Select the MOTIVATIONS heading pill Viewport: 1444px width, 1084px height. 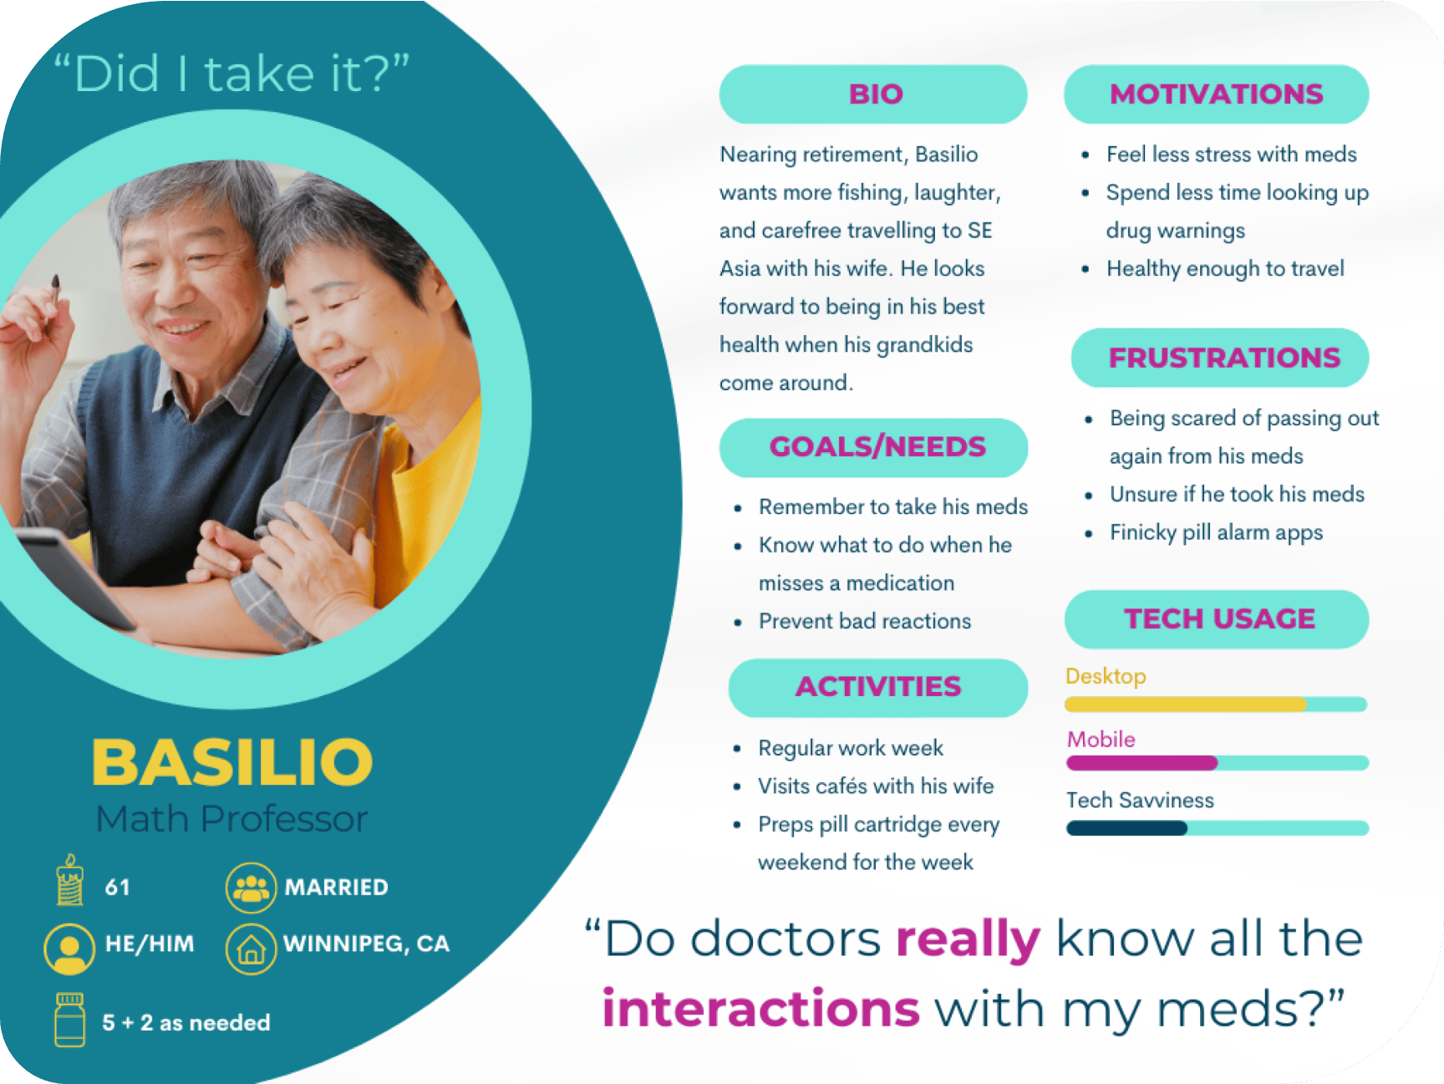tap(1216, 94)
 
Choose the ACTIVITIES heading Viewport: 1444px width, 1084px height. tap(877, 687)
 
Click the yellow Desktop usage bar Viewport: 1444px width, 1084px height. tap(1185, 705)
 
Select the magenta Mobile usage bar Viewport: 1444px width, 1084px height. tap(1141, 763)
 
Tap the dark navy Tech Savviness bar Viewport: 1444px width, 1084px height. tap(1126, 828)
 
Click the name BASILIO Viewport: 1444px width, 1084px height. tap(232, 761)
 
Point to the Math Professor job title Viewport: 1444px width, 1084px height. tap(232, 819)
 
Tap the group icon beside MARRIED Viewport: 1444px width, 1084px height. tap(251, 888)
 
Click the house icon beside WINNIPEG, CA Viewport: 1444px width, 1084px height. tap(251, 949)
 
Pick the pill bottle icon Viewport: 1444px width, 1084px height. tap(70, 1020)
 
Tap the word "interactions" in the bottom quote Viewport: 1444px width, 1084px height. tap(760, 1008)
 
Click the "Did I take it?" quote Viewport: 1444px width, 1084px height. tap(231, 74)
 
